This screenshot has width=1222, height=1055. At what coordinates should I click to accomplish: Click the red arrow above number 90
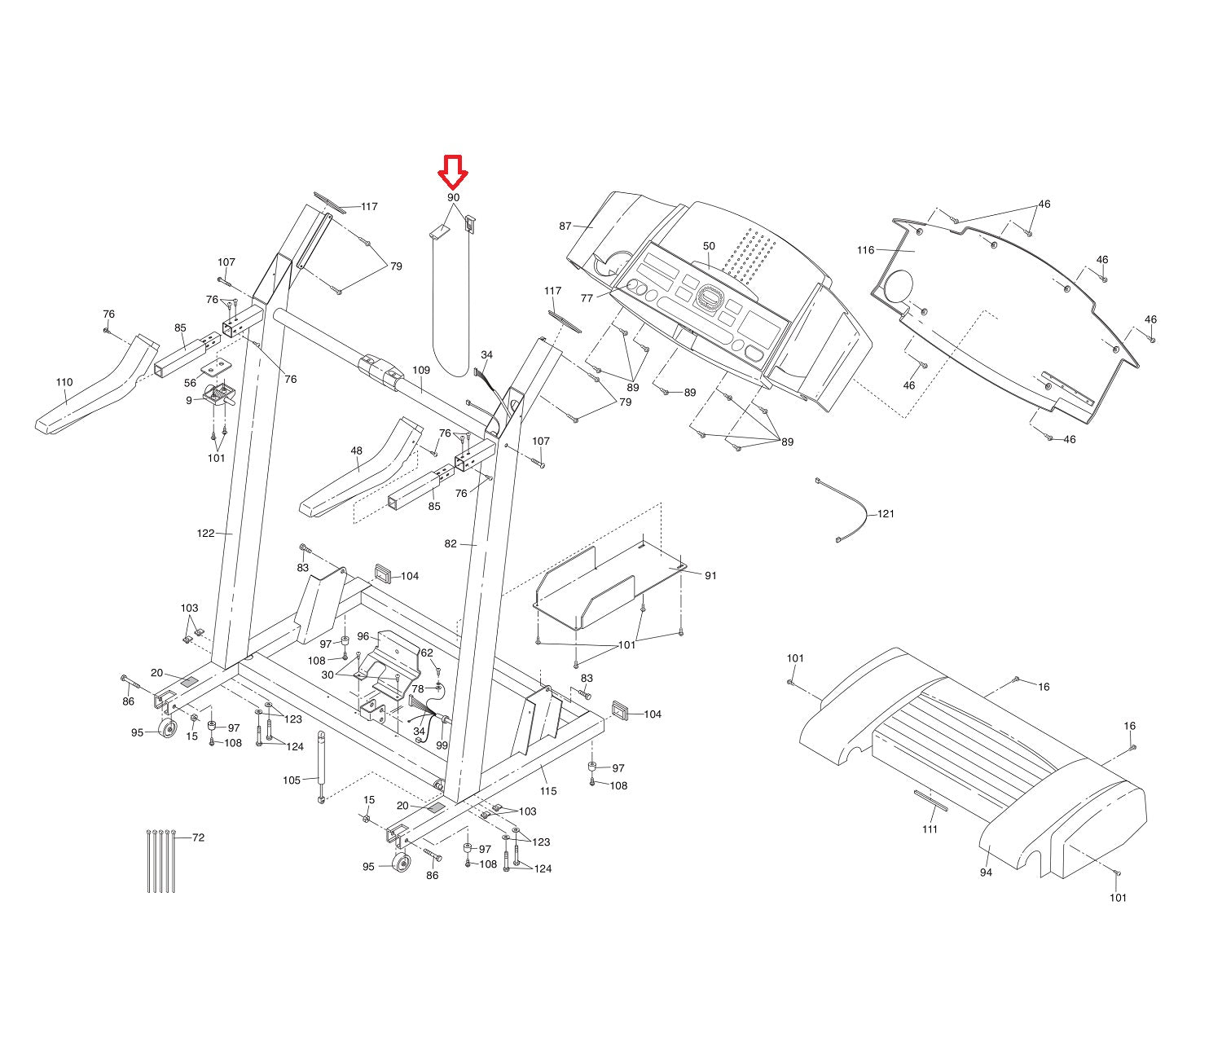pos(453,170)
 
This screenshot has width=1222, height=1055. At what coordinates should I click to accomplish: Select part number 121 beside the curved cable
pos(886,514)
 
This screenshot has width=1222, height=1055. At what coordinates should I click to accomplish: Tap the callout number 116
pos(865,250)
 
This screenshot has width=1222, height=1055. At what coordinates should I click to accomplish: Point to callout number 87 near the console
pos(565,226)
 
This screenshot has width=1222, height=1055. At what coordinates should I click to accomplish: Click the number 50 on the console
pos(709,246)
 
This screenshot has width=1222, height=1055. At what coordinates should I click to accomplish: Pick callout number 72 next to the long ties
pos(198,837)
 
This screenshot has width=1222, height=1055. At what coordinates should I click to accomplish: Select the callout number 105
pos(292,780)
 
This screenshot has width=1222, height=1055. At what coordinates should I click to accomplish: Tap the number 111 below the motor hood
pos(930,829)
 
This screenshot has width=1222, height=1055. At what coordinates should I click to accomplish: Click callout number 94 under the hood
pos(986,873)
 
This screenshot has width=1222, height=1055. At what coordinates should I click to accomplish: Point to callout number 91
pos(710,575)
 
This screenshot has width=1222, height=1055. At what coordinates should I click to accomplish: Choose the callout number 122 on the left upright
pos(205,534)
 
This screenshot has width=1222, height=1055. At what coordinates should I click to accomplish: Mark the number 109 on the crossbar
pos(420,370)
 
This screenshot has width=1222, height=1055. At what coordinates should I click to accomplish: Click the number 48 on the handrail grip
pos(357,451)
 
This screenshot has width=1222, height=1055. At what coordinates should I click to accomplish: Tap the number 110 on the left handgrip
pos(64,382)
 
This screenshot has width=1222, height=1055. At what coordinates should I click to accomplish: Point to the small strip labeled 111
pos(930,800)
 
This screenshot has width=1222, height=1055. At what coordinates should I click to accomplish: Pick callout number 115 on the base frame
pos(548,791)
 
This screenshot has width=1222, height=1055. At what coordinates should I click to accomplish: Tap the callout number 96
pos(363,636)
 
